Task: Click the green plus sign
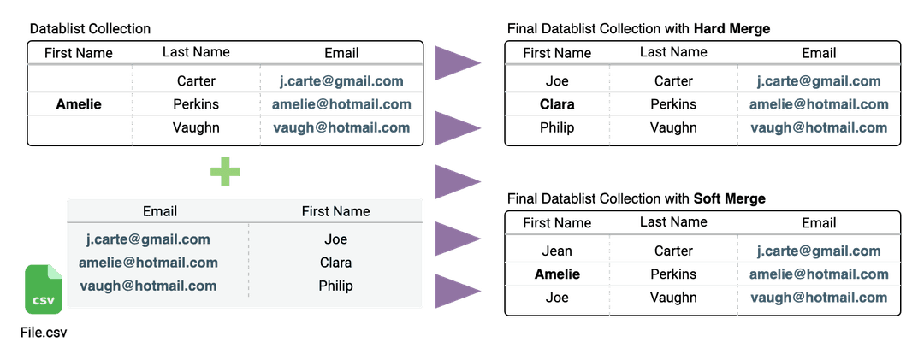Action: [x=225, y=171]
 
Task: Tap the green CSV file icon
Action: [x=43, y=289]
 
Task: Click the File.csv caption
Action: [x=44, y=333]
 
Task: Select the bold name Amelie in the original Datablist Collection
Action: [x=79, y=104]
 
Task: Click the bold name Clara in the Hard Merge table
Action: [x=557, y=104]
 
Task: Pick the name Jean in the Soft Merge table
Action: [x=557, y=251]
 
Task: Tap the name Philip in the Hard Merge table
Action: [x=557, y=128]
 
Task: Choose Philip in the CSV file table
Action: [x=336, y=286]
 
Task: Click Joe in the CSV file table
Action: [x=336, y=239]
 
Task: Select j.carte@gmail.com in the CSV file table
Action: [x=148, y=239]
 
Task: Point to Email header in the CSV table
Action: [x=160, y=211]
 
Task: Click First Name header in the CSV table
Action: [x=336, y=211]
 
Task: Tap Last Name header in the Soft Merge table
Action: [x=673, y=222]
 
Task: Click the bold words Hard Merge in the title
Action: [x=731, y=29]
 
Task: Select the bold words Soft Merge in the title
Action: [x=730, y=199]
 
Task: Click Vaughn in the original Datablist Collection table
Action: [x=196, y=128]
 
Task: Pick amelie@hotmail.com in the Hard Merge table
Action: [x=819, y=104]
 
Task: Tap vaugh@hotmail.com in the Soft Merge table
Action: [x=819, y=298]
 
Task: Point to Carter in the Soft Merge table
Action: [x=673, y=251]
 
